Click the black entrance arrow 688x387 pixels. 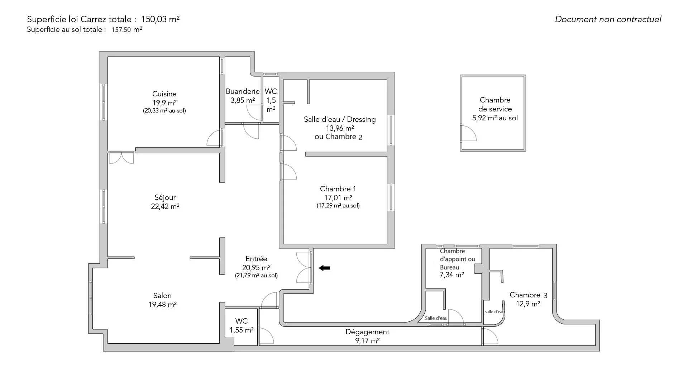(324, 268)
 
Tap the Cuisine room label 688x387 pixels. (164, 94)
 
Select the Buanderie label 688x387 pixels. (243, 91)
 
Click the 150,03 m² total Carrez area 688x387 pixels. (160, 19)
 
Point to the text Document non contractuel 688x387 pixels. (608, 19)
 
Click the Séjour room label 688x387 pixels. (165, 197)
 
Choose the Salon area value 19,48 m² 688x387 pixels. (162, 305)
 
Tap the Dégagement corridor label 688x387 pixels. (367, 332)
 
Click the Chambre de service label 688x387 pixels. (495, 104)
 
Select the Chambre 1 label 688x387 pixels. (338, 189)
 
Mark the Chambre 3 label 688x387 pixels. (528, 295)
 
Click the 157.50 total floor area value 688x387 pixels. (121, 30)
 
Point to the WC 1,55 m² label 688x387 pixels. (242, 325)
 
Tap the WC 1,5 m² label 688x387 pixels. (271, 100)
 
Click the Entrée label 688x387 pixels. (256, 259)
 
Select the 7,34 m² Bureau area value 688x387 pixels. (451, 275)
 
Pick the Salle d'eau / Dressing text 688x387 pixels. (340, 119)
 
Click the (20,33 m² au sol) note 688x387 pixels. (164, 111)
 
